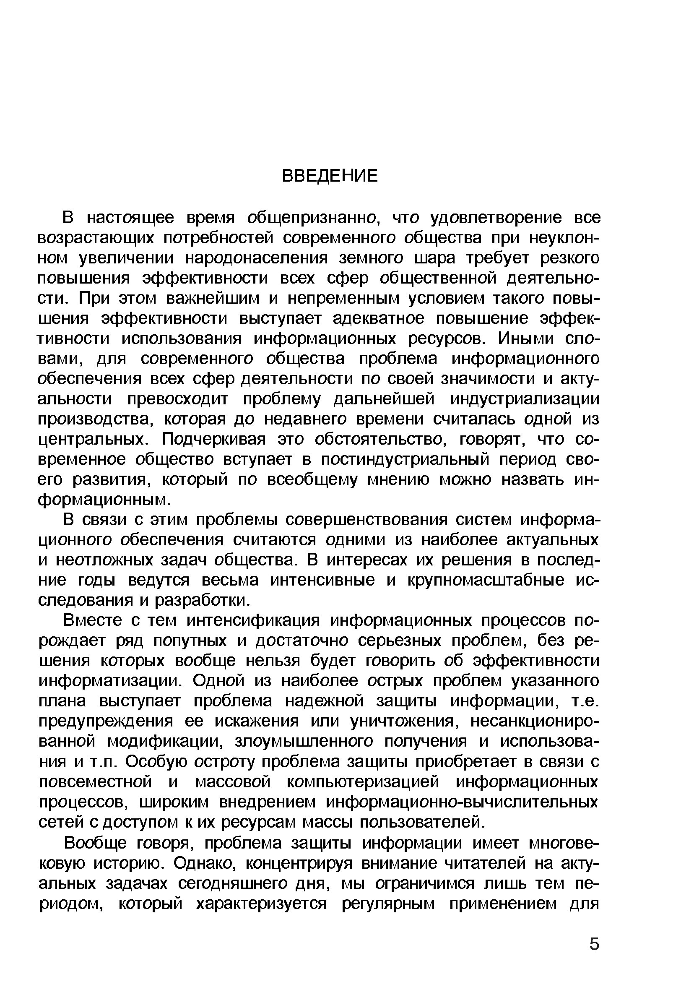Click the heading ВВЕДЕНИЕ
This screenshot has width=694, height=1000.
click(330, 176)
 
